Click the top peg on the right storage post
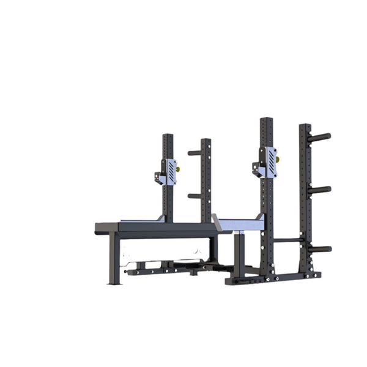pos(321,135)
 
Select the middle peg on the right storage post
pos(321,190)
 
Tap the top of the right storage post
pos(304,127)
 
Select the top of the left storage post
pos(206,141)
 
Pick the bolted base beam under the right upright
pos(269,278)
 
